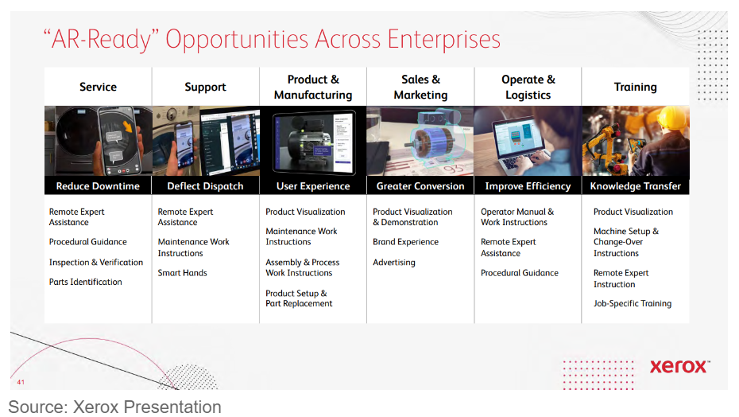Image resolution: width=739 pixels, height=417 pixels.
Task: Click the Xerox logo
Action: [x=679, y=367]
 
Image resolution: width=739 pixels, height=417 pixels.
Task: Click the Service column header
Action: [x=98, y=87]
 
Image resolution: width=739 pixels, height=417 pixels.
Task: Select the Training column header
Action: [x=636, y=87]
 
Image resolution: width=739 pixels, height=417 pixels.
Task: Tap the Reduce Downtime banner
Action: [x=98, y=186]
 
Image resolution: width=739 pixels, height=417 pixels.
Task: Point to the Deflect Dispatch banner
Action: [x=206, y=186]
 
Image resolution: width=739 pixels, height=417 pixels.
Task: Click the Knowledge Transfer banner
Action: [x=636, y=186]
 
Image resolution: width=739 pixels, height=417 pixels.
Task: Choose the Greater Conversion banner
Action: [x=420, y=186]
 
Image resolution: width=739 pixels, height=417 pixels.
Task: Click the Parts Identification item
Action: [x=85, y=282]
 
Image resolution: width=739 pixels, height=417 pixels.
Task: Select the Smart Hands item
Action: [x=183, y=273]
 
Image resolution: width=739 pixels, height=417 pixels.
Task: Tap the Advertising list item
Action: [x=394, y=263]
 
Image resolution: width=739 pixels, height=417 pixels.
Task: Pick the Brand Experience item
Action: [x=406, y=242]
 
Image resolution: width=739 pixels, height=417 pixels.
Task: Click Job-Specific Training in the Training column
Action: [x=633, y=304]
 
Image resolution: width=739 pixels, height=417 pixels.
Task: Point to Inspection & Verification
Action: [x=96, y=263]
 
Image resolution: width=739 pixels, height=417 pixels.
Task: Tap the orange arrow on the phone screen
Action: [x=127, y=127]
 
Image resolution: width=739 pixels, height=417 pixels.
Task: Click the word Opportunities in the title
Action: [x=237, y=40]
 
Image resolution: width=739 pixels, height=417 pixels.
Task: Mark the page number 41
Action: [x=21, y=382]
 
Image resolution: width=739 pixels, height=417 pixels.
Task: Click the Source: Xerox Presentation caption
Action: [x=114, y=407]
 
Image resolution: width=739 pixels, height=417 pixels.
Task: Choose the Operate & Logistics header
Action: [x=528, y=87]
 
